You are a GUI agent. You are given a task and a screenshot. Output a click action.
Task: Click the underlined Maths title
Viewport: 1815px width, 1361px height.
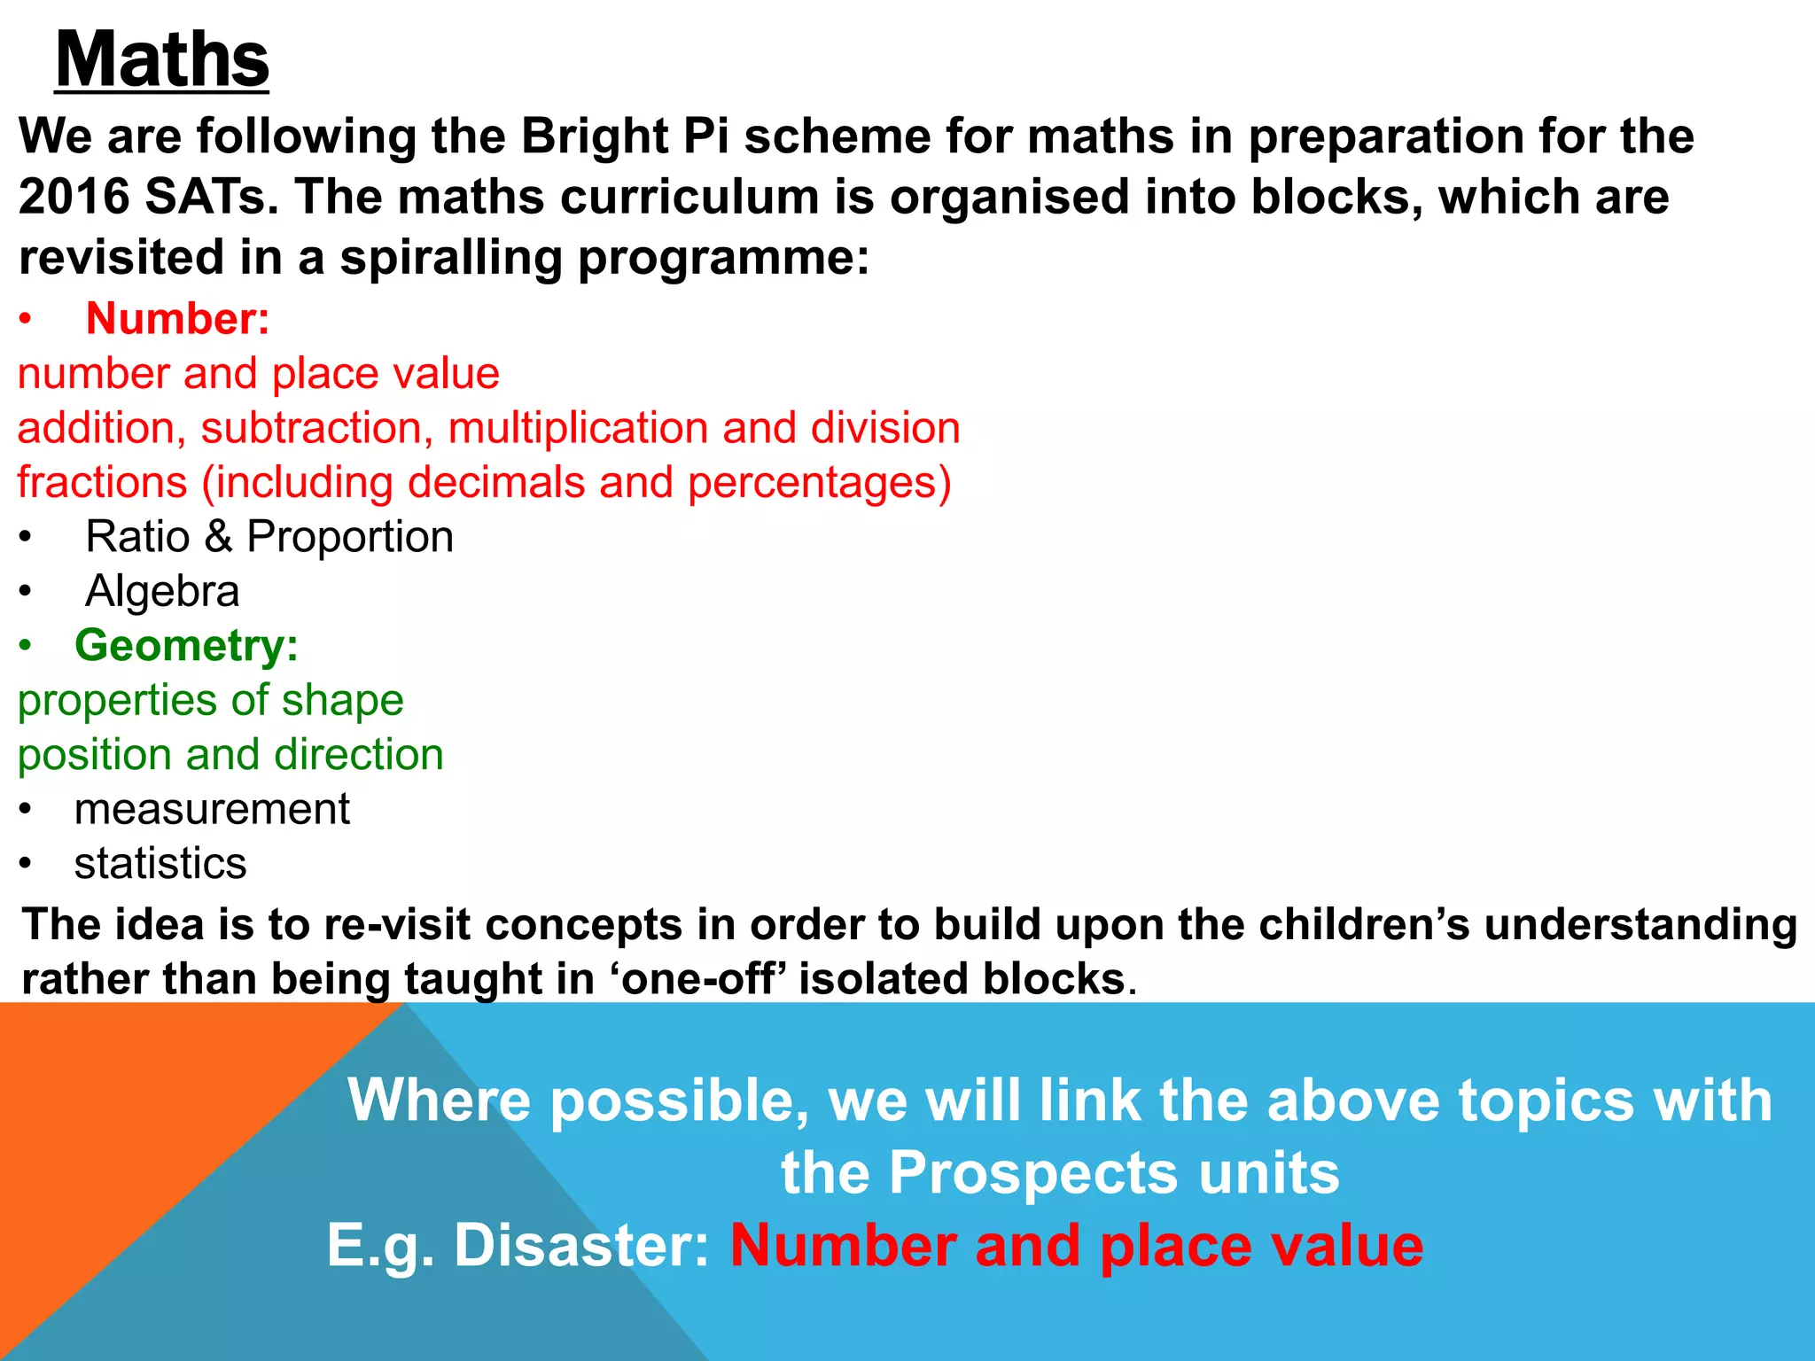coord(162,59)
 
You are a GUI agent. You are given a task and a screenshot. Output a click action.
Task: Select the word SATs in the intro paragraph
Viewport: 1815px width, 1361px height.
coord(212,196)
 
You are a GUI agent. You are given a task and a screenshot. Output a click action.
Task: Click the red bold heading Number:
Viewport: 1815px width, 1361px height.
coord(177,318)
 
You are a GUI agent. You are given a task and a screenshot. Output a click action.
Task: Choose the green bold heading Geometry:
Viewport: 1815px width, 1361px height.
coord(186,645)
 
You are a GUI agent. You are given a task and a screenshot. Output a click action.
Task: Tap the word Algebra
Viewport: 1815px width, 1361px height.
coord(162,591)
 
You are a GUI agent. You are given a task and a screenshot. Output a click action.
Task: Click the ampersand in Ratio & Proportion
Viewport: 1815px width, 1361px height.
coord(218,537)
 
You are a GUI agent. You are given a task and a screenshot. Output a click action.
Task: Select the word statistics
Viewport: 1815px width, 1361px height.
coord(160,864)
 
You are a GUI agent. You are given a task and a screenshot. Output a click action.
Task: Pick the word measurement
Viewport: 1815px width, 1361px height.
coord(212,809)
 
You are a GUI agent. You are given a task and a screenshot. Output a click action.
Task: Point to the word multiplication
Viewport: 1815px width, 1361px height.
coord(578,428)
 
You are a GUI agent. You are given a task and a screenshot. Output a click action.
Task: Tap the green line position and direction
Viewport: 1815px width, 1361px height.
coord(230,755)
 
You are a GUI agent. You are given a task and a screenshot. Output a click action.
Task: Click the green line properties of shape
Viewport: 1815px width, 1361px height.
coord(211,701)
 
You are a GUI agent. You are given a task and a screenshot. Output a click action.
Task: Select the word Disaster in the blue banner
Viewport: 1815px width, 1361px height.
coord(581,1245)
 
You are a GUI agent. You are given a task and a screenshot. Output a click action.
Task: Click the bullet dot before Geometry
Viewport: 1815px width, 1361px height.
coord(26,646)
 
